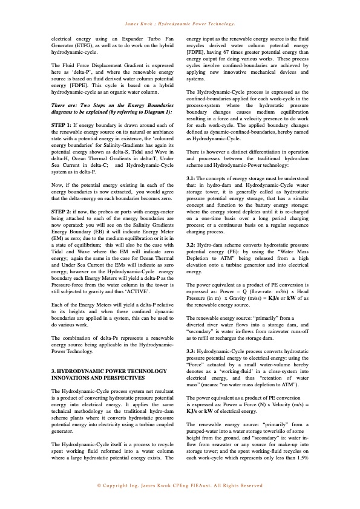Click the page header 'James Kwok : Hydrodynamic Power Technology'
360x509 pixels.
coord(180,24)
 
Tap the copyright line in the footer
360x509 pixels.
coord(180,485)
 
